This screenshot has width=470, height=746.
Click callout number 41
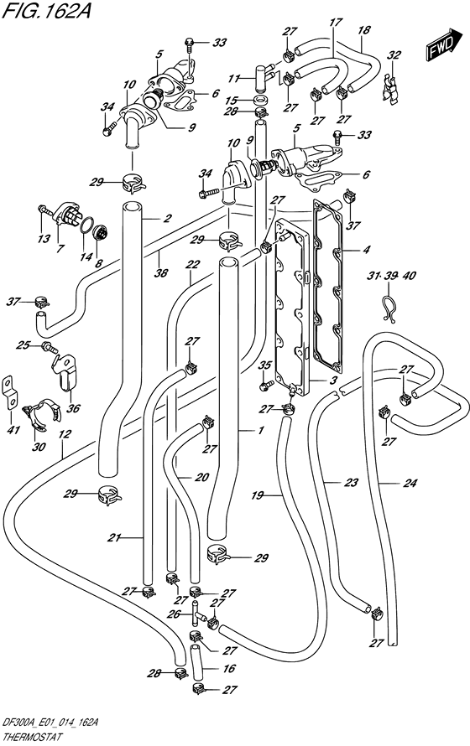point(13,430)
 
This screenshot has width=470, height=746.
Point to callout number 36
point(74,407)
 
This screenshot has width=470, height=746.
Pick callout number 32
point(394,54)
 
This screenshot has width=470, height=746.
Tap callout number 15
point(231,101)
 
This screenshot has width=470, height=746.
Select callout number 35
point(264,365)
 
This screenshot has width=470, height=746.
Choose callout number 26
point(173,614)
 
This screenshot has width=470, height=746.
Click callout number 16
point(229,668)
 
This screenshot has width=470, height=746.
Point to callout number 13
point(44,238)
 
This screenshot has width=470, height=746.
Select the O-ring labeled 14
point(86,225)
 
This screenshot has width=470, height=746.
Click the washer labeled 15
point(259,101)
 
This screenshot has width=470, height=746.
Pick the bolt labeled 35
point(264,386)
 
